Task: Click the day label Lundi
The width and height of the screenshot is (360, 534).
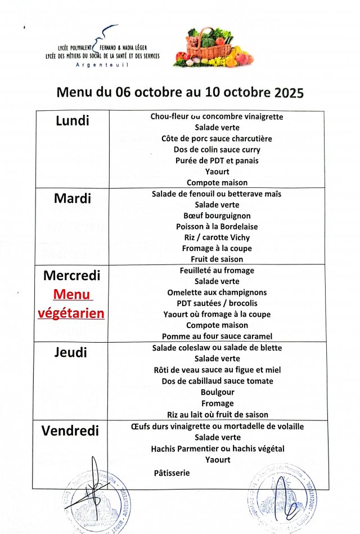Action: (73, 120)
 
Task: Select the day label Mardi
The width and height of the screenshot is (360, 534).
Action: (73, 198)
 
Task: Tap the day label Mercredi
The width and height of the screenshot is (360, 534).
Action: (71, 276)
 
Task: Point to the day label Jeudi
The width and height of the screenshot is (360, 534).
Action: (71, 353)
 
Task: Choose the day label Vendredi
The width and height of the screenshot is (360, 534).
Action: (70, 431)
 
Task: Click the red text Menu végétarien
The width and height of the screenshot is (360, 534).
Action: (71, 304)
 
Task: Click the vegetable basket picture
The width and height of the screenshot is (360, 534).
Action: (213, 48)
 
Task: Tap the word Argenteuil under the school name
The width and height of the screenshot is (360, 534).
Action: (102, 65)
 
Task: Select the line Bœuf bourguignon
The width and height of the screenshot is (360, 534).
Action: (217, 216)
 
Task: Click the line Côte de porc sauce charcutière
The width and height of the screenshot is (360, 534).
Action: (217, 138)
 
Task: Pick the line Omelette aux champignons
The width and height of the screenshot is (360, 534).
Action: (217, 293)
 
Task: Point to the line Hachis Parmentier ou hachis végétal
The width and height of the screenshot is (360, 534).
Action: (217, 448)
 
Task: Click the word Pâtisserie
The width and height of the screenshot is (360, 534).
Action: (172, 473)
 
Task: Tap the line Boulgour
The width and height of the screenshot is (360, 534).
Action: (217, 392)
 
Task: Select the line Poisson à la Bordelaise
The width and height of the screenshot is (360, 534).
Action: (217, 226)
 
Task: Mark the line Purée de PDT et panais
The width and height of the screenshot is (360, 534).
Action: (217, 160)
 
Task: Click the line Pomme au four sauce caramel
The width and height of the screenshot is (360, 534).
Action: (217, 336)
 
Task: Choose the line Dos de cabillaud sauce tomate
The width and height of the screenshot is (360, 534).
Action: (217, 381)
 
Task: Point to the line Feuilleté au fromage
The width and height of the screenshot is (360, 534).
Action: (217, 271)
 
